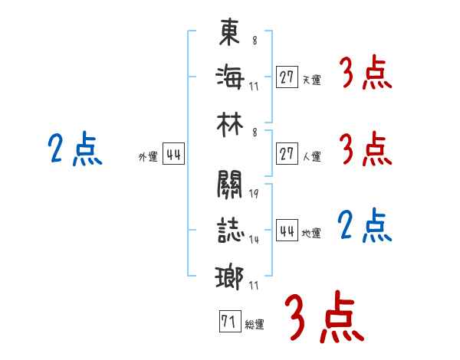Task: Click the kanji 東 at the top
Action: point(229,33)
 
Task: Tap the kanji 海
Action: point(229,77)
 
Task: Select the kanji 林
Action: point(229,120)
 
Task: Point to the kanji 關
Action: point(229,185)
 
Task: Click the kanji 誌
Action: point(229,228)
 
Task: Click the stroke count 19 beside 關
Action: point(254,194)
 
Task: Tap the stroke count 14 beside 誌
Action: point(254,240)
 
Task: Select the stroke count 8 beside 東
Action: point(255,41)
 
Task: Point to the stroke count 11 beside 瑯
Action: point(254,286)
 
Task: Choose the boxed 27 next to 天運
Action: point(287,77)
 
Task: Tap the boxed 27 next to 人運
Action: point(287,154)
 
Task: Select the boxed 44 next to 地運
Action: point(287,231)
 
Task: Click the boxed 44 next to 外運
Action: point(173,155)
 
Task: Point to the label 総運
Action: point(255,325)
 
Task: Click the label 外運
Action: point(148,156)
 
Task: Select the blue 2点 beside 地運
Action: point(365,227)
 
